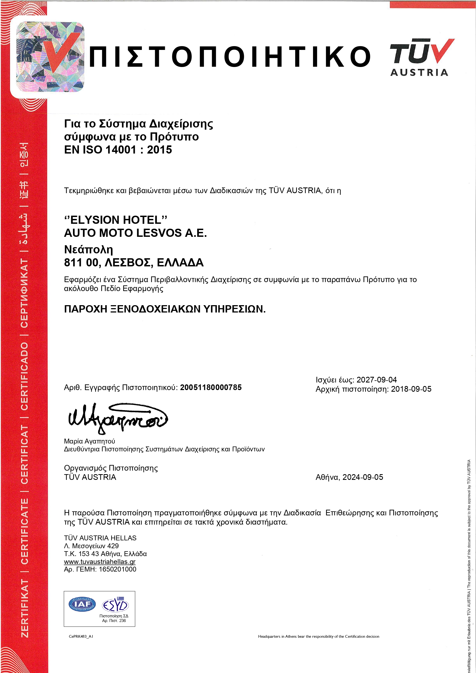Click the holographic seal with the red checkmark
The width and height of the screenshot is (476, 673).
point(50,57)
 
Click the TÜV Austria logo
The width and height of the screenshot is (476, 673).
point(421,57)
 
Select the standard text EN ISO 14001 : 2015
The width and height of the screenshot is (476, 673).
point(118,150)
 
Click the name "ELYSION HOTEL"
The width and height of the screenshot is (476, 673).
point(116,220)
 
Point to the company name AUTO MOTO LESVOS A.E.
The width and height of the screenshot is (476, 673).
point(135,233)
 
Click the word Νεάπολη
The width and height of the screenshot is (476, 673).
point(88,250)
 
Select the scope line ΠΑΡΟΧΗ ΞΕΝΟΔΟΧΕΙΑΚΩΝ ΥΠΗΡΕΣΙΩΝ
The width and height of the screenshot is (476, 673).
point(165,309)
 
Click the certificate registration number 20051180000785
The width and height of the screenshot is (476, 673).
point(211,388)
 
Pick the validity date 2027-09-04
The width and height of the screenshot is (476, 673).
point(376,380)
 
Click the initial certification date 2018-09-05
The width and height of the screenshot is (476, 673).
point(411,389)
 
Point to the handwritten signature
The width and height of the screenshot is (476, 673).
point(117,417)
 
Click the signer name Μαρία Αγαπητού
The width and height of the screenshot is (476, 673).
point(90,441)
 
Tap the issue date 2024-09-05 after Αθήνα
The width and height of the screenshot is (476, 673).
point(363,477)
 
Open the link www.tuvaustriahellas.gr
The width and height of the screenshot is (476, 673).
point(100,562)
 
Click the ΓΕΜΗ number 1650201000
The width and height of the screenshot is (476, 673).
point(117,569)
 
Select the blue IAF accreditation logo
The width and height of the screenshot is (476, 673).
point(82,604)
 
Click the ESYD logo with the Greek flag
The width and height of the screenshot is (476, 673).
point(115,605)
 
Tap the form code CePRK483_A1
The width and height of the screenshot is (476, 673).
point(81,636)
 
